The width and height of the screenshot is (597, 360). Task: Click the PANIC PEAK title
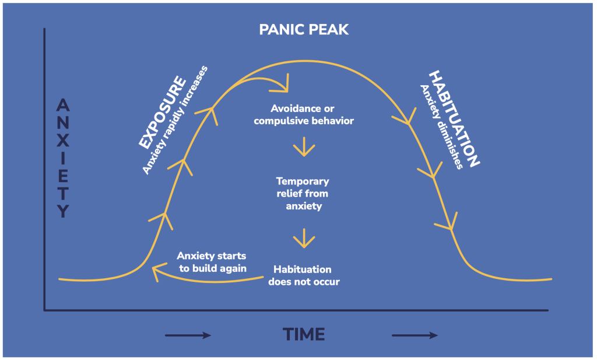tap(304, 29)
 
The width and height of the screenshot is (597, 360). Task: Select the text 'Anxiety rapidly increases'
tap(175, 120)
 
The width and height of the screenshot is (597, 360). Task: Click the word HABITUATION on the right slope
tap(454, 119)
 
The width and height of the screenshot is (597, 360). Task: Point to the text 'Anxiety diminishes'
tap(441, 126)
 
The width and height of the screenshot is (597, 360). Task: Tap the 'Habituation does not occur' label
tap(303, 275)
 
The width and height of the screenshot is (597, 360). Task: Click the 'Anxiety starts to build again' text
tap(212, 263)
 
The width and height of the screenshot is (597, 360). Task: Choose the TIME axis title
tap(304, 334)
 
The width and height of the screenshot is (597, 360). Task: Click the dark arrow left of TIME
tap(187, 335)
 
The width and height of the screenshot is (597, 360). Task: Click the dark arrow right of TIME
tap(414, 335)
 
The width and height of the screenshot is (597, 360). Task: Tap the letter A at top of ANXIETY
tap(63, 106)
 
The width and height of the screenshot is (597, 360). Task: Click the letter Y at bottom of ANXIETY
tap(63, 212)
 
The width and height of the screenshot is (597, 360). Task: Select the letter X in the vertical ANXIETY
tap(63, 141)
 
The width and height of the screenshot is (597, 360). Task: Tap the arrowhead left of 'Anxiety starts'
tap(156, 271)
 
